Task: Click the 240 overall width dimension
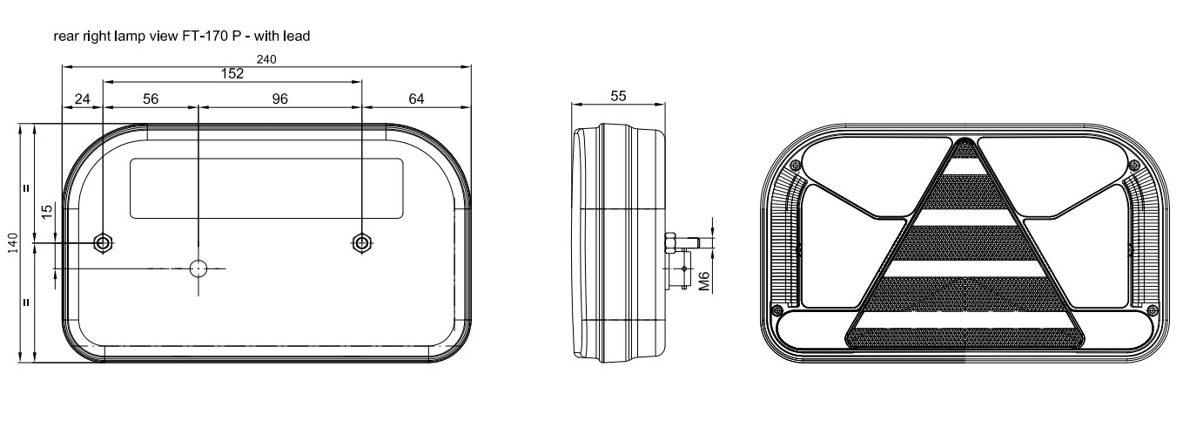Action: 266,59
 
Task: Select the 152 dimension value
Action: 232,73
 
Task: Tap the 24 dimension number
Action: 83,99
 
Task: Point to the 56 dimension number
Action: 151,99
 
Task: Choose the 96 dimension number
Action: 280,99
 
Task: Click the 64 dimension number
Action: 416,99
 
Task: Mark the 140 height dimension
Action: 13,243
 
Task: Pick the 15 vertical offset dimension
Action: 47,209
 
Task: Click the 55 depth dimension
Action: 618,96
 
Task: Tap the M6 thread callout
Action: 704,281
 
